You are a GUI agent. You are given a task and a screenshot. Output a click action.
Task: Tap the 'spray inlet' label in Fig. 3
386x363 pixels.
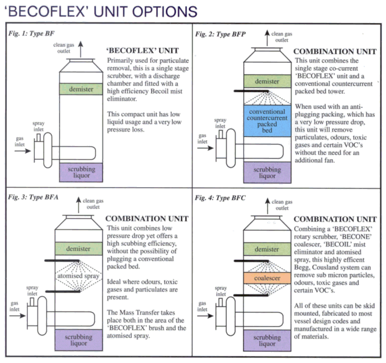pos(34,292)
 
